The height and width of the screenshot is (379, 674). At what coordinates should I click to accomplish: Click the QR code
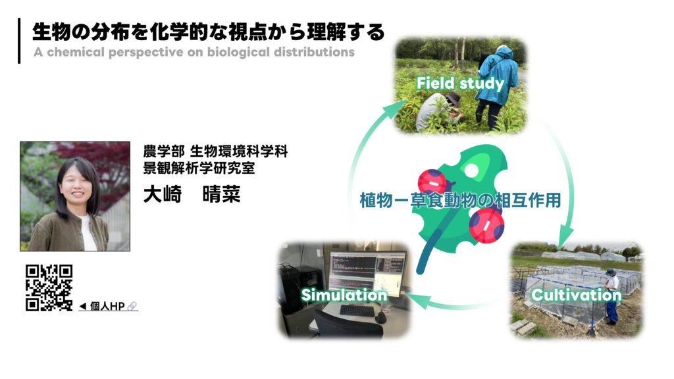click(x=49, y=288)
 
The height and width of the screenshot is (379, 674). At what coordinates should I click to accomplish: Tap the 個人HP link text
click(x=108, y=306)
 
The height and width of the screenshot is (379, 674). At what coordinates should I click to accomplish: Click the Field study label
click(x=460, y=84)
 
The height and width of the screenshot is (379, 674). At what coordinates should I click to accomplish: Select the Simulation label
click(x=344, y=294)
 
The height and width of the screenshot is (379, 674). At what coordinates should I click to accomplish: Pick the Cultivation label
click(x=576, y=294)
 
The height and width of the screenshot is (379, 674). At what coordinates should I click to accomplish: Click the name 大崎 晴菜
click(x=192, y=195)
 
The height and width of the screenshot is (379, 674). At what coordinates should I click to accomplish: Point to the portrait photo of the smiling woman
click(x=74, y=195)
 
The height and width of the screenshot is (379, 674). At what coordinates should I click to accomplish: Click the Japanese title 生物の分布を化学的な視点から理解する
click(x=209, y=32)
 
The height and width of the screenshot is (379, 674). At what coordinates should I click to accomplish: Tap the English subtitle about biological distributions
click(x=194, y=52)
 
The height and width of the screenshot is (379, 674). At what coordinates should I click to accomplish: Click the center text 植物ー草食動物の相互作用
click(x=460, y=200)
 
